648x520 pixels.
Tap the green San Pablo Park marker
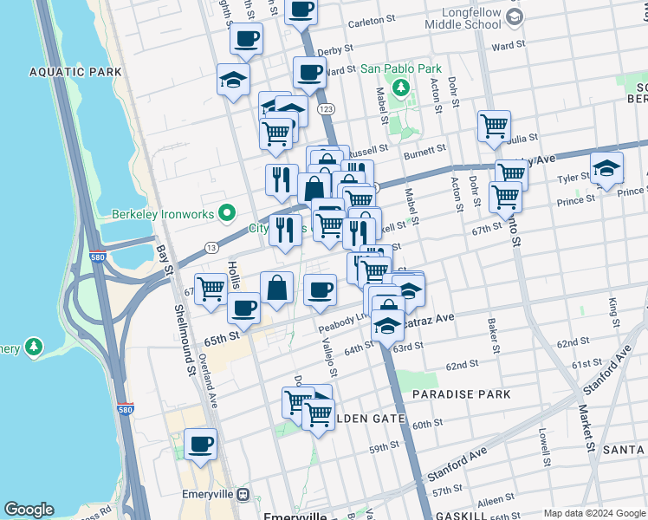(x=401, y=87)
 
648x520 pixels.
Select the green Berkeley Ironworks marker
(x=227, y=212)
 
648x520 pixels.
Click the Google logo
(x=29, y=510)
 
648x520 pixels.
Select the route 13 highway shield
(x=211, y=248)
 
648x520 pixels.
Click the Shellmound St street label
(x=185, y=339)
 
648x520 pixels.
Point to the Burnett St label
(x=424, y=156)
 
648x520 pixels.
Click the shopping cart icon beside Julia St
(x=494, y=126)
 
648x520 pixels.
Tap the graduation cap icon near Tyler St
(x=606, y=168)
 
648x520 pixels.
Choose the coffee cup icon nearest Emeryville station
(x=200, y=445)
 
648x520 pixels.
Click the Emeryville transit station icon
(x=243, y=494)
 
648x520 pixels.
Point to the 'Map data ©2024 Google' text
(x=593, y=512)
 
